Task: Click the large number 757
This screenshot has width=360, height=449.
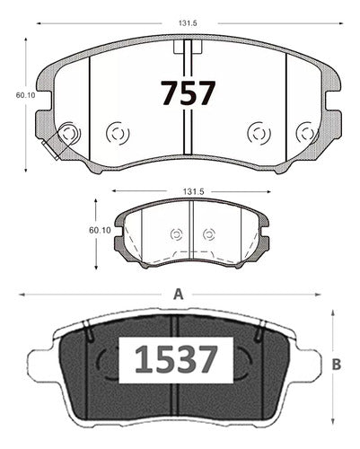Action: click(188, 92)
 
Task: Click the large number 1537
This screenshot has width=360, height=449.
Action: click(176, 360)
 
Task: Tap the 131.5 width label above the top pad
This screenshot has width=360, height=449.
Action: click(188, 23)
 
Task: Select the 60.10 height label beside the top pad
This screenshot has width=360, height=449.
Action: click(25, 95)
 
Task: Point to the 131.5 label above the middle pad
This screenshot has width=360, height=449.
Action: click(193, 191)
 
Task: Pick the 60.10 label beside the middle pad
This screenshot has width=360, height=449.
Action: click(100, 230)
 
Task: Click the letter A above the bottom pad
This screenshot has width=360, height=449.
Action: click(179, 295)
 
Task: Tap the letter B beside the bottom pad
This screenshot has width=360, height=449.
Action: click(337, 365)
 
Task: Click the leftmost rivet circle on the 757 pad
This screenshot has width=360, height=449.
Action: click(69, 133)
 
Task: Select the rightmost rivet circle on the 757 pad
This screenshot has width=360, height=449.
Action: click(306, 133)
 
